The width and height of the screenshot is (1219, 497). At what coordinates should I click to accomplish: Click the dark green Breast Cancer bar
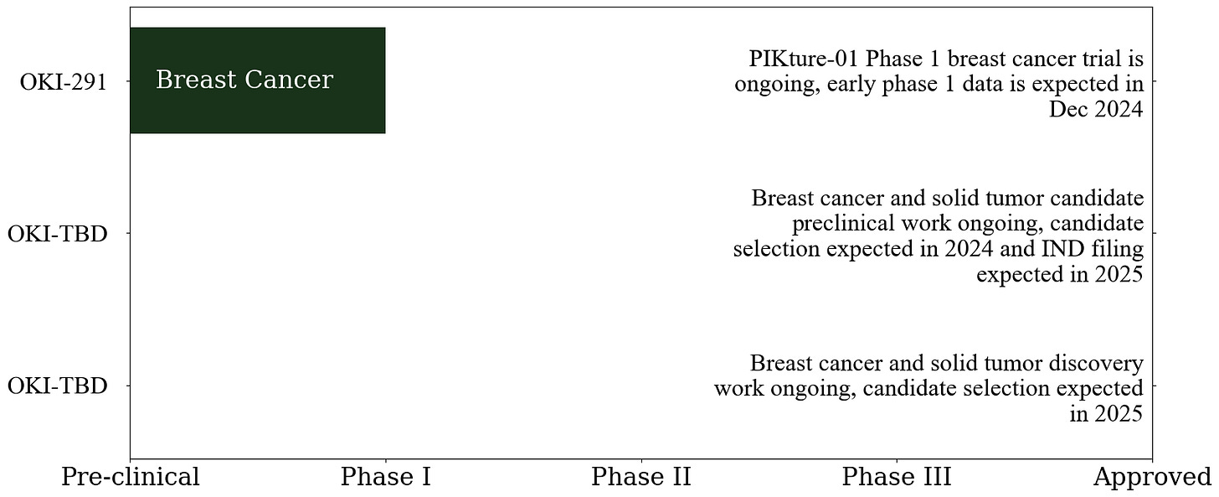(x=257, y=80)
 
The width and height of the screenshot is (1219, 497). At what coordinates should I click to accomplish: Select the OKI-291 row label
(x=64, y=82)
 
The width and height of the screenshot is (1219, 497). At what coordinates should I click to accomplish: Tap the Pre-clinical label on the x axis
(x=131, y=477)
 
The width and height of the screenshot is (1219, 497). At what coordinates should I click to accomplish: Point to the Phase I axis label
(x=385, y=477)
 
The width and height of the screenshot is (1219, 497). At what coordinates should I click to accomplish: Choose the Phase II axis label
(x=641, y=477)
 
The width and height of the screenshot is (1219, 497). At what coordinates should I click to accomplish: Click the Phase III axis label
(x=897, y=477)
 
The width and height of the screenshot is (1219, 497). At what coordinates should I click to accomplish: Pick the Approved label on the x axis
(x=1152, y=477)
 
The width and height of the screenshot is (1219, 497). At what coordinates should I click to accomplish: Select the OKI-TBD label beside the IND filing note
(x=58, y=234)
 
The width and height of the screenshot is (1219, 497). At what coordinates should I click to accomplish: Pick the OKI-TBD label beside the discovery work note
(x=58, y=386)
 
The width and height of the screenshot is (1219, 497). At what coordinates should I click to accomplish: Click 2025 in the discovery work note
(x=1117, y=414)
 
